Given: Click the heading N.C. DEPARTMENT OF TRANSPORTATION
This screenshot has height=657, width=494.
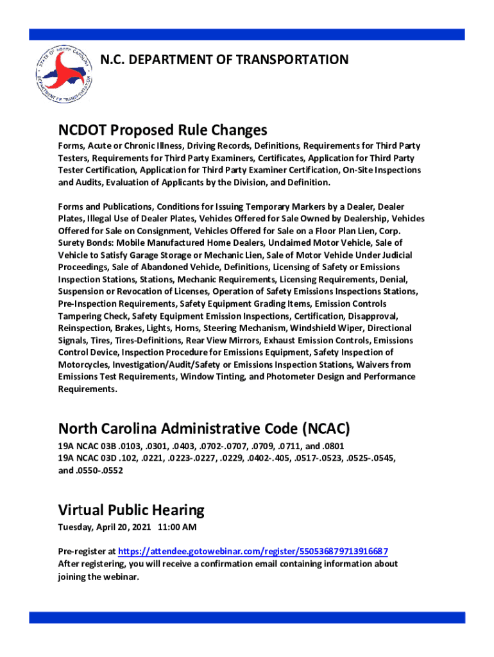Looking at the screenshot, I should tap(225, 60).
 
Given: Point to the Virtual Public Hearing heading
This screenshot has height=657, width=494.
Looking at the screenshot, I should tap(131, 510).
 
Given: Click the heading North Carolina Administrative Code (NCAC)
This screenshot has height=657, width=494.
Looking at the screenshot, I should tap(204, 429).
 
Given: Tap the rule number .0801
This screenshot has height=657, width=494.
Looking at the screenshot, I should tap(336, 446).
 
